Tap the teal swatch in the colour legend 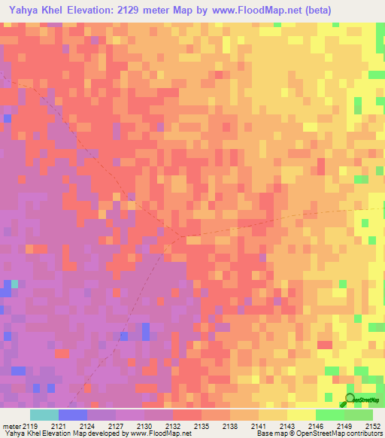pos(44,415)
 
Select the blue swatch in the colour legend pos(72,415)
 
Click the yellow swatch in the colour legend pos(301,415)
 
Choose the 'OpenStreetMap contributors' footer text pos(339,433)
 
